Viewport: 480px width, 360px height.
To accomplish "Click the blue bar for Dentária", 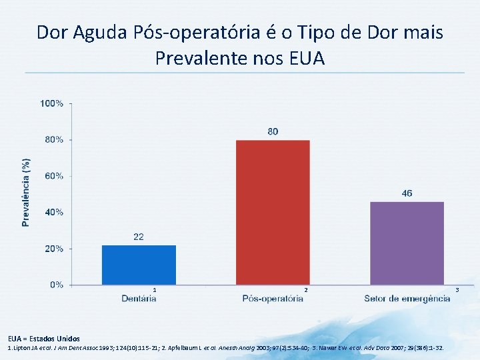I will click(x=139, y=265).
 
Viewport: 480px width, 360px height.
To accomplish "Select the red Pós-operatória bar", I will click(x=273, y=212).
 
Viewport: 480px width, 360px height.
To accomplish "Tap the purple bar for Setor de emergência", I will click(x=407, y=243).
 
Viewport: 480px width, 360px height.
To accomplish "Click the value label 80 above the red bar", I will click(x=273, y=132).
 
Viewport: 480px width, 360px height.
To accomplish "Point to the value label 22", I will click(x=139, y=237).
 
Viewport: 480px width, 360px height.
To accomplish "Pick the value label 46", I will click(x=407, y=193).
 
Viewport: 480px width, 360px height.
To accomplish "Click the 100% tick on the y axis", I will click(x=52, y=103).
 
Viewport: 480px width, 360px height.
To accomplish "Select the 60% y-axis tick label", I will click(x=53, y=176).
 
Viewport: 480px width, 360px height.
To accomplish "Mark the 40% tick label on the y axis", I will click(x=53, y=212).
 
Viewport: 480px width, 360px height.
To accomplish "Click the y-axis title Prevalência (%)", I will click(x=26, y=193).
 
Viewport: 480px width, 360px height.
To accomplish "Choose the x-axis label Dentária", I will click(x=139, y=298).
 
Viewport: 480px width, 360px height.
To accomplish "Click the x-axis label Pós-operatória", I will click(x=273, y=298).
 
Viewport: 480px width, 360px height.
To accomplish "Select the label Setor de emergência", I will click(x=407, y=298).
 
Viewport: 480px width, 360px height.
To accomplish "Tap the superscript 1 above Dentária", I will click(x=155, y=290).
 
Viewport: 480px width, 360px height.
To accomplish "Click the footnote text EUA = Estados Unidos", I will click(x=44, y=339).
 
